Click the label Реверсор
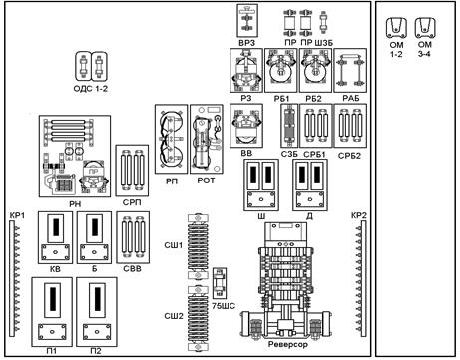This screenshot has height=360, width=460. pos(288,344)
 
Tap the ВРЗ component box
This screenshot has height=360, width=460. pos(247,20)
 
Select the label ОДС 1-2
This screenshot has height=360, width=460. pos(91,89)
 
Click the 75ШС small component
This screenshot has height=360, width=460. pos(220,283)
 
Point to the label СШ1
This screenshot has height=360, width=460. pos(174,245)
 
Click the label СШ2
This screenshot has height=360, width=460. pos(174,316)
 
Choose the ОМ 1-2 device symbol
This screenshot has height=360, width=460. pos(396,28)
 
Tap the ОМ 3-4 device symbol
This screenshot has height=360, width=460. pos(425,28)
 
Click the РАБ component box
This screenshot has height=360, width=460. pos(350,70)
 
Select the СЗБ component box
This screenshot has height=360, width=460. pos(289,126)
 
